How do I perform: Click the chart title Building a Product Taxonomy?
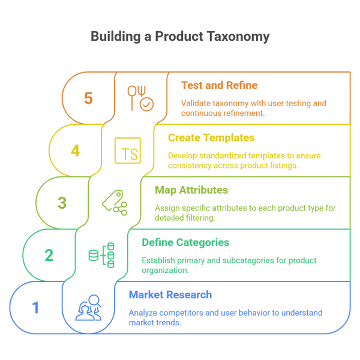180,37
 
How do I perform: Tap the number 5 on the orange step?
88,98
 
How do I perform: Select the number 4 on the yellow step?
75,150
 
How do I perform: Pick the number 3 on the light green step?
62,203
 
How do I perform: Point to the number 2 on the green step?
49,255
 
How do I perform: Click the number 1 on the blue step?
35,308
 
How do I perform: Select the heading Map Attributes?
191,190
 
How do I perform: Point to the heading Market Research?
170,295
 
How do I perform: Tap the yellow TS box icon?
128,150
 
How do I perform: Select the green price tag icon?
115,202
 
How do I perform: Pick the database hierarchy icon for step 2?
102,255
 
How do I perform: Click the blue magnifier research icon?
89,308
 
